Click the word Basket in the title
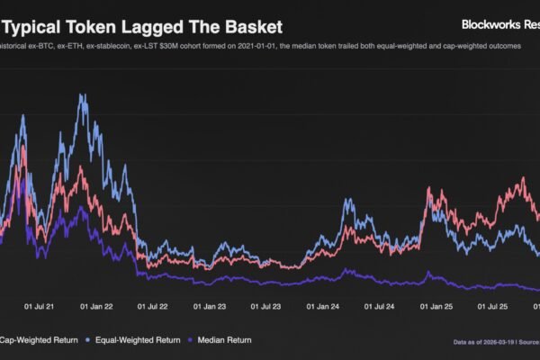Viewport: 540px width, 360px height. pyautogui.click(x=254, y=27)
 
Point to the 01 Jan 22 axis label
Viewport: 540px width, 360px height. pyautogui.click(x=96, y=307)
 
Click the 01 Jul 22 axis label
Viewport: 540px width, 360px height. pyautogui.click(x=152, y=307)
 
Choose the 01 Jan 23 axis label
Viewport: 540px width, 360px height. pyautogui.click(x=210, y=307)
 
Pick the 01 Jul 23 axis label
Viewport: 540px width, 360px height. pyautogui.click(x=265, y=307)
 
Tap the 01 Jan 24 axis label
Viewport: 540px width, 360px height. pyautogui.click(x=322, y=307)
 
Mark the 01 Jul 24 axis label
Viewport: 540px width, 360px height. pyautogui.click(x=378, y=307)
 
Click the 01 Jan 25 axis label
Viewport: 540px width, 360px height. pyautogui.click(x=436, y=307)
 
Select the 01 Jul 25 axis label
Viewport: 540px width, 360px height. pyautogui.click(x=491, y=307)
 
